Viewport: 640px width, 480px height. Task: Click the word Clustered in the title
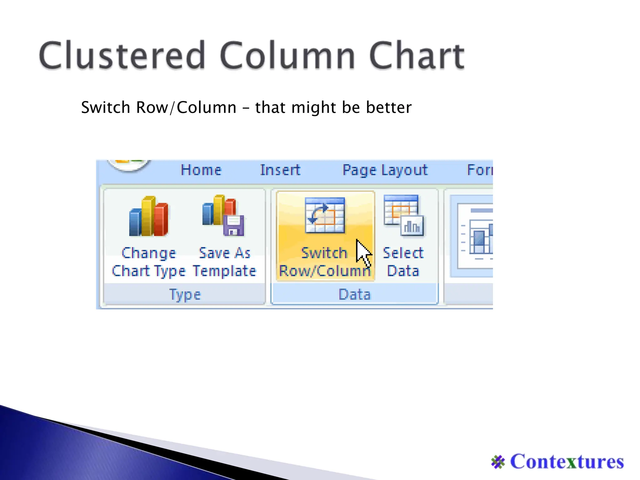[x=122, y=55]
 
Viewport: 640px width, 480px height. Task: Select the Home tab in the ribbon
[x=201, y=170]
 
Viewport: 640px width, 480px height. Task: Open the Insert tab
[x=280, y=170]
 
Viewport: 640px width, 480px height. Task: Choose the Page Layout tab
[x=385, y=170]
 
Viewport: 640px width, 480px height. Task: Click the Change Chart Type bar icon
[x=149, y=216]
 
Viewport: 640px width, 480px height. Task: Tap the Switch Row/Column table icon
[x=325, y=216]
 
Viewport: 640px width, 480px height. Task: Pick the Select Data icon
[x=403, y=216]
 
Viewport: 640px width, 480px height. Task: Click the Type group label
[x=185, y=294]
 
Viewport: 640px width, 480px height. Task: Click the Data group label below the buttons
[x=355, y=294]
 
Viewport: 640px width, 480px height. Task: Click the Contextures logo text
[x=567, y=462]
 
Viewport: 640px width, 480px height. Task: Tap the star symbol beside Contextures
[x=498, y=462]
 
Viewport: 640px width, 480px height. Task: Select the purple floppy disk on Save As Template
[x=233, y=226]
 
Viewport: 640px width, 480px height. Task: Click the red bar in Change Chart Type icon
[x=161, y=219]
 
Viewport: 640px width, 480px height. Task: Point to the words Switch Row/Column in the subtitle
[x=158, y=107]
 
